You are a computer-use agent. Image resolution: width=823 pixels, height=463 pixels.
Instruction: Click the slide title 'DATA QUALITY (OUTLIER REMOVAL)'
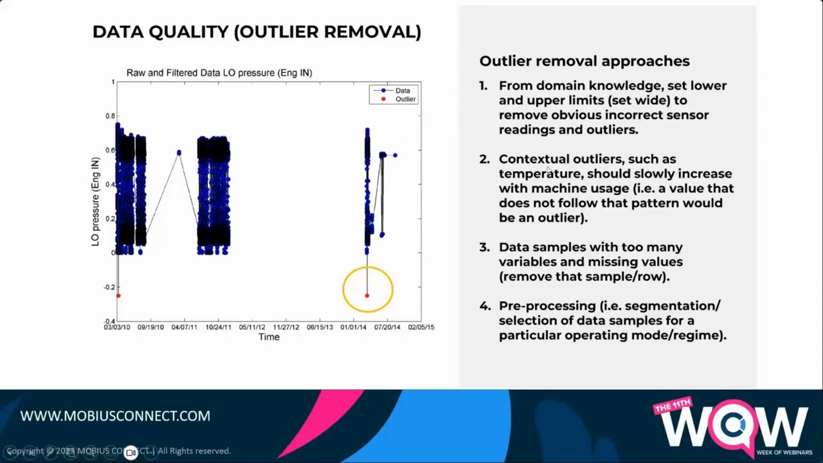(x=257, y=32)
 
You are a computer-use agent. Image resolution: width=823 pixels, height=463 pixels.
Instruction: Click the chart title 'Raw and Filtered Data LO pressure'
(x=219, y=73)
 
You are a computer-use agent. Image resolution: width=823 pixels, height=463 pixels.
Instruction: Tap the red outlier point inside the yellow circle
(x=367, y=295)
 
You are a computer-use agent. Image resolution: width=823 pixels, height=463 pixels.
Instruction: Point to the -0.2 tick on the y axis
(x=109, y=287)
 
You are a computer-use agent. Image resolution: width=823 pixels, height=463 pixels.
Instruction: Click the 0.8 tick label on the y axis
(x=111, y=116)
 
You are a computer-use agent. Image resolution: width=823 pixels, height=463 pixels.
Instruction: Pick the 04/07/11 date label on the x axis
(x=184, y=327)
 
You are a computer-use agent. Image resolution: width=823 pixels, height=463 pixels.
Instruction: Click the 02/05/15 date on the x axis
(x=421, y=327)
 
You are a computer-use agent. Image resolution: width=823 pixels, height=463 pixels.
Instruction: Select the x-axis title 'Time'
(x=269, y=337)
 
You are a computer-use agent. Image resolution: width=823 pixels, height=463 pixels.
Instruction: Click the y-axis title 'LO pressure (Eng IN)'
(x=95, y=201)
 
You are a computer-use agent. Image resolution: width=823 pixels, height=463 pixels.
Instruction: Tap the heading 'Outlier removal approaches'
(x=584, y=61)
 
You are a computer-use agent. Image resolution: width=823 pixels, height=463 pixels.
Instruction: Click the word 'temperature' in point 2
(x=539, y=174)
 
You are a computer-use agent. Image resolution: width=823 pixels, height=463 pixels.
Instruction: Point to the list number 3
(x=483, y=247)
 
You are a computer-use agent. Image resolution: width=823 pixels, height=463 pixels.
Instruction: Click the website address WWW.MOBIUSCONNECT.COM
(x=115, y=416)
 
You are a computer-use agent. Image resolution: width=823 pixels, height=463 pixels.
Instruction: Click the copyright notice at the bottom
(x=118, y=451)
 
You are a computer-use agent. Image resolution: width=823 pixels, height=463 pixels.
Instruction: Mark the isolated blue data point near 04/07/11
(x=179, y=152)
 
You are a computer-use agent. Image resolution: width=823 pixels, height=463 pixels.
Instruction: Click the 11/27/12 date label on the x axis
(x=286, y=327)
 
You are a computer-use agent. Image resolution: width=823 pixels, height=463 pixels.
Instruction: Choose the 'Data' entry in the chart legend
(x=402, y=91)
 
